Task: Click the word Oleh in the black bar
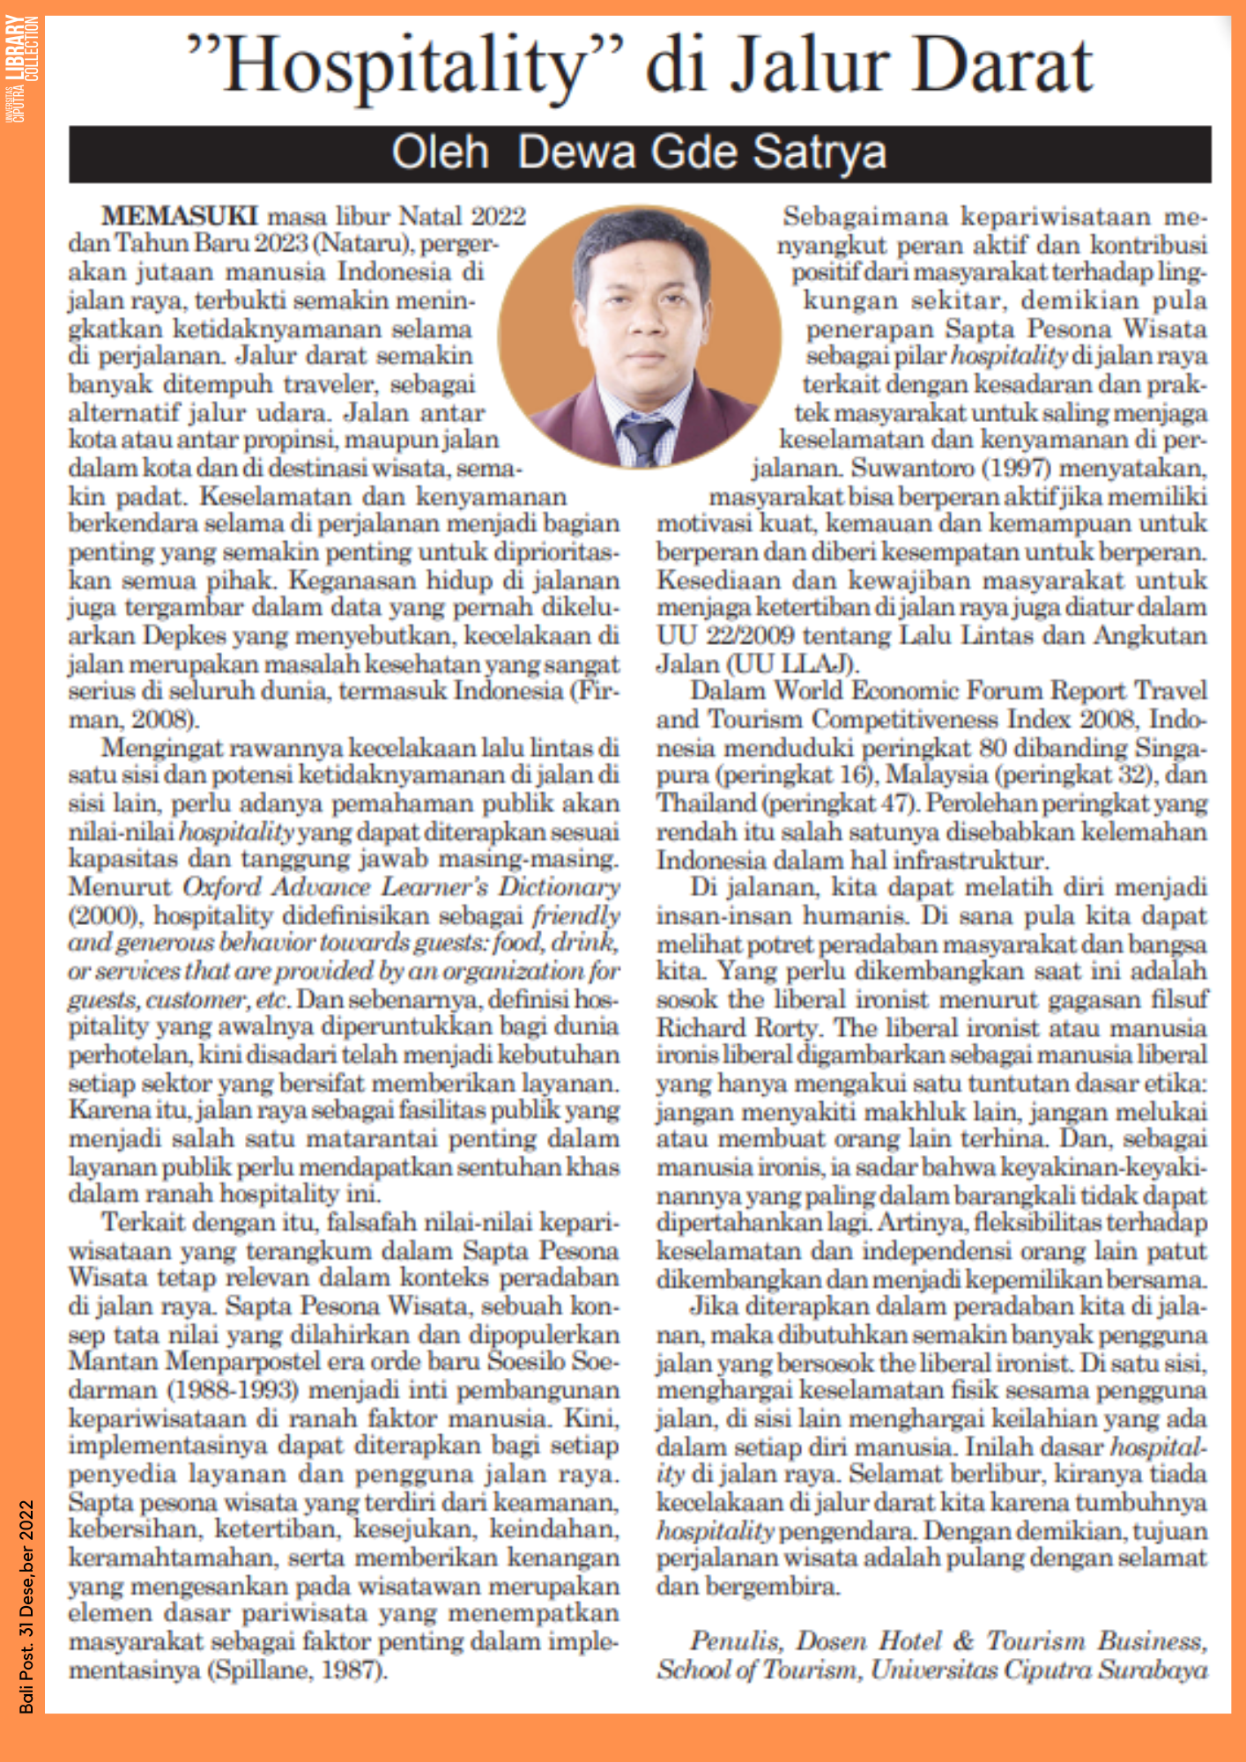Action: point(440,152)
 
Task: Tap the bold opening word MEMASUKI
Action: point(179,216)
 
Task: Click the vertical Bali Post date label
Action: point(26,1604)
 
